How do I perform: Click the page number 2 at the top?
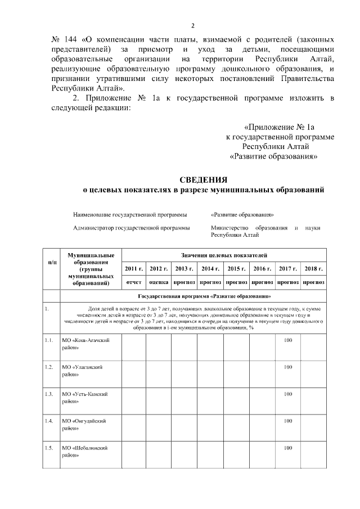coord(192,25)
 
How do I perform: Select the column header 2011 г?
coord(134,269)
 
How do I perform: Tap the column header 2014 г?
coord(210,269)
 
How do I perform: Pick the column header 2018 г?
coord(313,269)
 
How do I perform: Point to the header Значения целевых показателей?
coord(223,255)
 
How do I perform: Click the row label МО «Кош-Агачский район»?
coord(85,344)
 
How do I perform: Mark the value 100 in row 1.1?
coord(288,340)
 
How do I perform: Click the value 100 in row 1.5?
coord(288,448)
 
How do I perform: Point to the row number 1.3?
coord(49,394)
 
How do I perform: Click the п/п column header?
coord(52,263)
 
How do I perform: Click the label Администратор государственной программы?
coord(131,228)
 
